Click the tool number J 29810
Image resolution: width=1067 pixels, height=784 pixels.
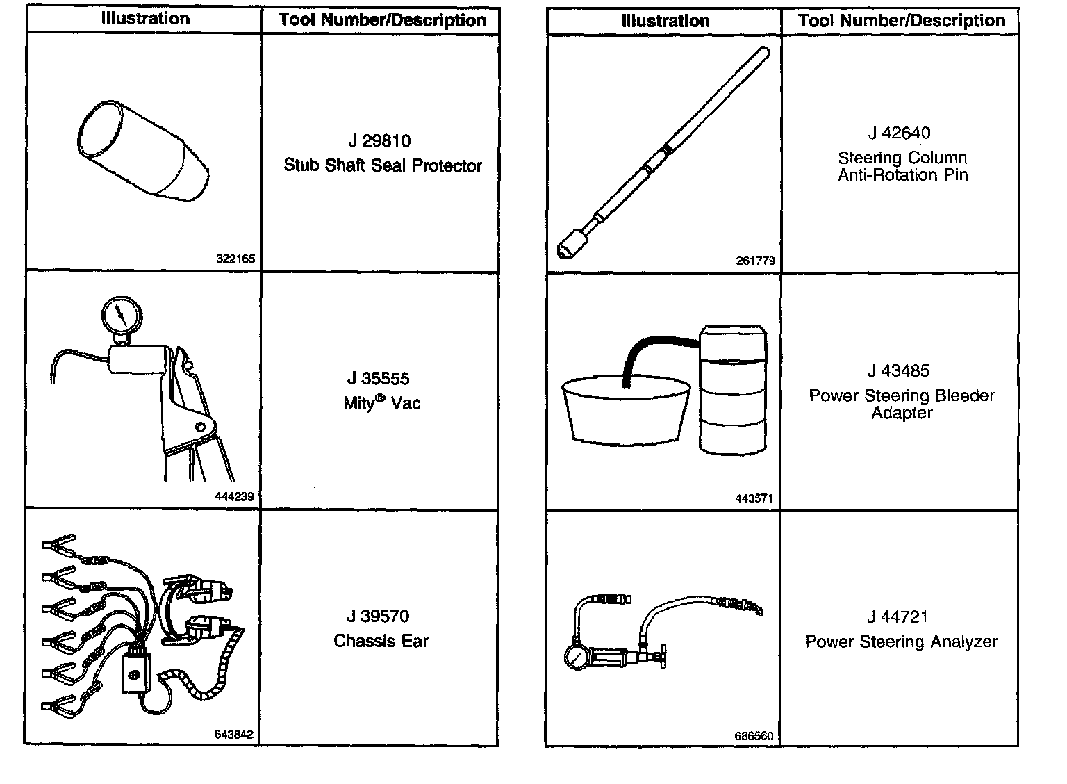pyautogui.click(x=379, y=141)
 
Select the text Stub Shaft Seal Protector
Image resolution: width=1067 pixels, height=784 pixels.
pyautogui.click(x=383, y=165)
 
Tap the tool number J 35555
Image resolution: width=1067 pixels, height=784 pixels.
pyautogui.click(x=378, y=379)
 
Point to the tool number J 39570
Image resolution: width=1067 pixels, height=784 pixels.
pyautogui.click(x=378, y=616)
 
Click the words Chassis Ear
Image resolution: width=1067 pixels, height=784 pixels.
pyautogui.click(x=381, y=641)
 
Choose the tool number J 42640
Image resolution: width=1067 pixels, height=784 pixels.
pyautogui.click(x=899, y=133)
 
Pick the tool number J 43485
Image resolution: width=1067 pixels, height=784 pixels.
pyautogui.click(x=898, y=371)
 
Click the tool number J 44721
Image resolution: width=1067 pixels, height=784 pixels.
pyautogui.click(x=898, y=616)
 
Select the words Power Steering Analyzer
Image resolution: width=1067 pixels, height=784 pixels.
pyautogui.click(x=901, y=642)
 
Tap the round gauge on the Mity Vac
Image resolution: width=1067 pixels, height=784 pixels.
pyautogui.click(x=122, y=317)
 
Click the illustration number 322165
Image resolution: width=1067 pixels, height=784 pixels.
pyautogui.click(x=235, y=260)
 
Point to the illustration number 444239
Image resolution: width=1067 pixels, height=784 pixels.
pyautogui.click(x=235, y=497)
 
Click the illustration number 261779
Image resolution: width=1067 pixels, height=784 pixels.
pyautogui.click(x=755, y=261)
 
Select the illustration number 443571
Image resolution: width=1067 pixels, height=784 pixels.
pyautogui.click(x=754, y=498)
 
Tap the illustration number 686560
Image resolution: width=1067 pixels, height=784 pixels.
pyautogui.click(x=754, y=736)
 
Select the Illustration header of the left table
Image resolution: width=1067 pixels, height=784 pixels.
pyautogui.click(x=144, y=19)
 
